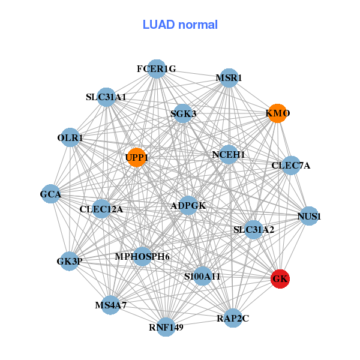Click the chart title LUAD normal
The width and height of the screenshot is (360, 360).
pos(180,25)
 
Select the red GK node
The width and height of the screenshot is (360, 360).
pos(280,279)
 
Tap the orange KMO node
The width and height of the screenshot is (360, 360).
pos(277,113)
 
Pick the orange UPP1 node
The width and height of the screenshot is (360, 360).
pos(136,158)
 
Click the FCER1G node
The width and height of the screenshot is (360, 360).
pos(156,69)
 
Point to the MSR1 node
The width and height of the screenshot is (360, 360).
pos(229,77)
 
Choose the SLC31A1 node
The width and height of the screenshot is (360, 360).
pos(106,97)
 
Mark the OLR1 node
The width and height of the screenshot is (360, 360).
pos(70,137)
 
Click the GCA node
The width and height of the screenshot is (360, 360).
pos(51,194)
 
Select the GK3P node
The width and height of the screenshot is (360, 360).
pos(70,260)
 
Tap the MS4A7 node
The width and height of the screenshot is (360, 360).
pos(110,305)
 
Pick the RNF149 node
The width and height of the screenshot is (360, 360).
pos(166,327)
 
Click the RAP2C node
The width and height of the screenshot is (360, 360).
pos(233,318)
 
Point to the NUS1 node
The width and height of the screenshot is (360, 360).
pos(309,216)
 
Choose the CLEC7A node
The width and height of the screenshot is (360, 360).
pos(290,165)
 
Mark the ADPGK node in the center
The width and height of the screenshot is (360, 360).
pos(188,206)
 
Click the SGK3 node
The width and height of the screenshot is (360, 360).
pos(182,113)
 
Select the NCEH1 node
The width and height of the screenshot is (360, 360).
pos(229,155)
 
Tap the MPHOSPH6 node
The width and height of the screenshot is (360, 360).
pos(142,257)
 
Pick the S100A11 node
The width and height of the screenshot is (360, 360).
pos(203,276)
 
